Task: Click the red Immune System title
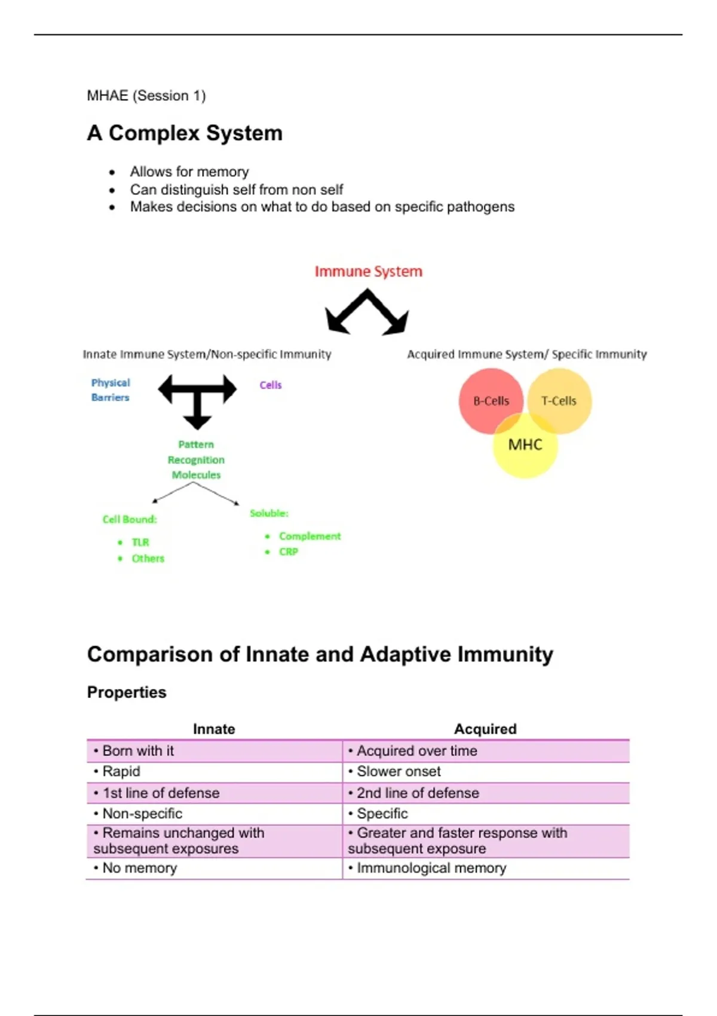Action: click(368, 271)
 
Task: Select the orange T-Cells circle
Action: click(562, 399)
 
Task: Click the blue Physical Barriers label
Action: click(110, 390)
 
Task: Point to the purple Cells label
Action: click(270, 385)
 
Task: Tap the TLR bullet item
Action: click(140, 542)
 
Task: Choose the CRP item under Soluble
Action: click(288, 552)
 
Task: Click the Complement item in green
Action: click(310, 536)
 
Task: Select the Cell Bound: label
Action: click(129, 519)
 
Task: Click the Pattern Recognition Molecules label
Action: click(196, 460)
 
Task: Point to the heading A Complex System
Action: click(185, 133)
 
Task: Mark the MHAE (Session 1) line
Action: click(146, 96)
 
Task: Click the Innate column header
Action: click(214, 729)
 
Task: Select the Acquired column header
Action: click(485, 729)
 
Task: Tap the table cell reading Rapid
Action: click(121, 772)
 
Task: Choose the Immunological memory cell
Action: click(431, 868)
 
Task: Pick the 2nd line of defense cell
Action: click(418, 793)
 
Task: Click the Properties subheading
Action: click(127, 692)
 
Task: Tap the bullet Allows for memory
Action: click(189, 172)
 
